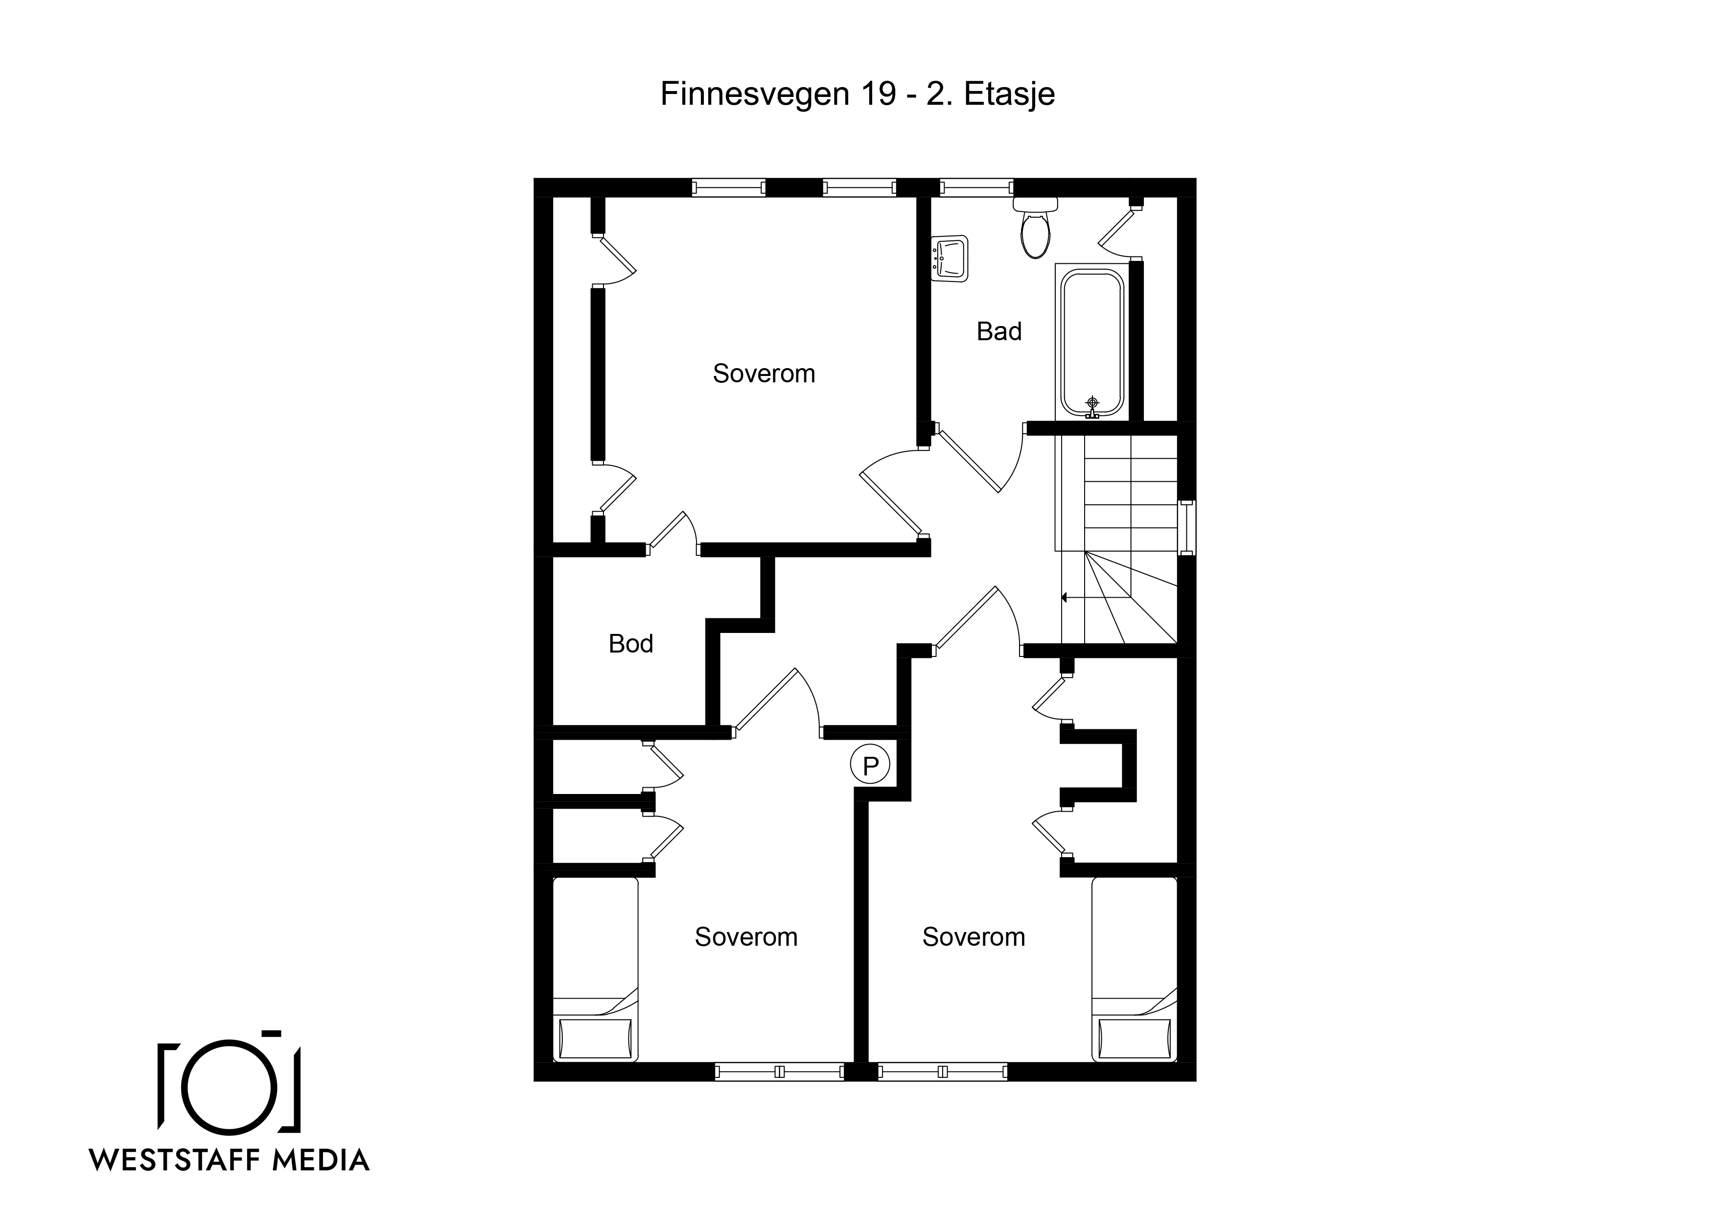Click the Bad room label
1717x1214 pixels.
(x=998, y=331)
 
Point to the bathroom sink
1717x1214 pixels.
(x=950, y=259)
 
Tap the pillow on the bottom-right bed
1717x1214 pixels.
(x=1135, y=1038)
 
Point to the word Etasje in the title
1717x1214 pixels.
(x=1010, y=95)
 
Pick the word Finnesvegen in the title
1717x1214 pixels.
(x=755, y=95)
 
